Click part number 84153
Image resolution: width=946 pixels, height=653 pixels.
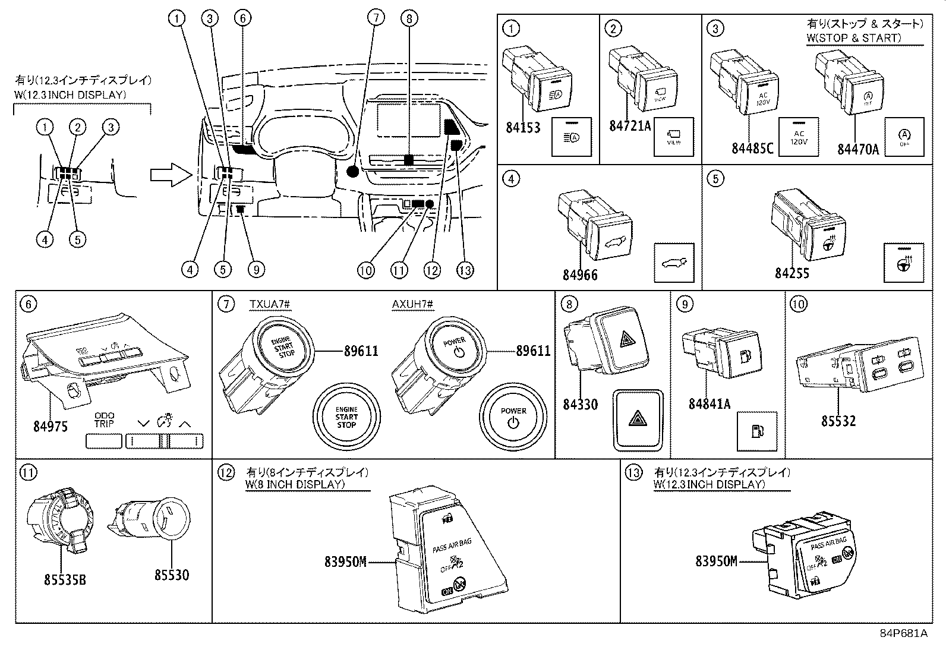[x=523, y=127]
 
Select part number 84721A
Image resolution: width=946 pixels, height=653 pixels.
[x=630, y=126]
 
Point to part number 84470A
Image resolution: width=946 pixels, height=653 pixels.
[x=858, y=148]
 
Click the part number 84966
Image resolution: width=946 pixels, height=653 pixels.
[x=580, y=275]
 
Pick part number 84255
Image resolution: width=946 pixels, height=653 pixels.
[x=792, y=273]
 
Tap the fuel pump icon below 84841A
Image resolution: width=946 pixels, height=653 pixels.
[x=756, y=430]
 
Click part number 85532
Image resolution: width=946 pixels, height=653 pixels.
[x=838, y=421]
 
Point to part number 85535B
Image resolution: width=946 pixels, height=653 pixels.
[x=65, y=579]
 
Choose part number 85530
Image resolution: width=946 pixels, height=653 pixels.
[x=171, y=575]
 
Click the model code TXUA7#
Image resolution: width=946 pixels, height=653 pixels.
[x=269, y=305]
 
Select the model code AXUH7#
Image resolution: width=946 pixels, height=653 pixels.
[x=412, y=305]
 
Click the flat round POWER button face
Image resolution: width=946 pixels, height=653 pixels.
[x=513, y=417]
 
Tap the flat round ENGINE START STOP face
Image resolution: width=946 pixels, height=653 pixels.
[x=346, y=417]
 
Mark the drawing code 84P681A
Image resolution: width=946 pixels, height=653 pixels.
[x=903, y=633]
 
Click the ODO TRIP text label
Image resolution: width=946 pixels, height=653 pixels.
[x=104, y=419]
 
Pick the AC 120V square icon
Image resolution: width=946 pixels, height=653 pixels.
[x=799, y=137]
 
